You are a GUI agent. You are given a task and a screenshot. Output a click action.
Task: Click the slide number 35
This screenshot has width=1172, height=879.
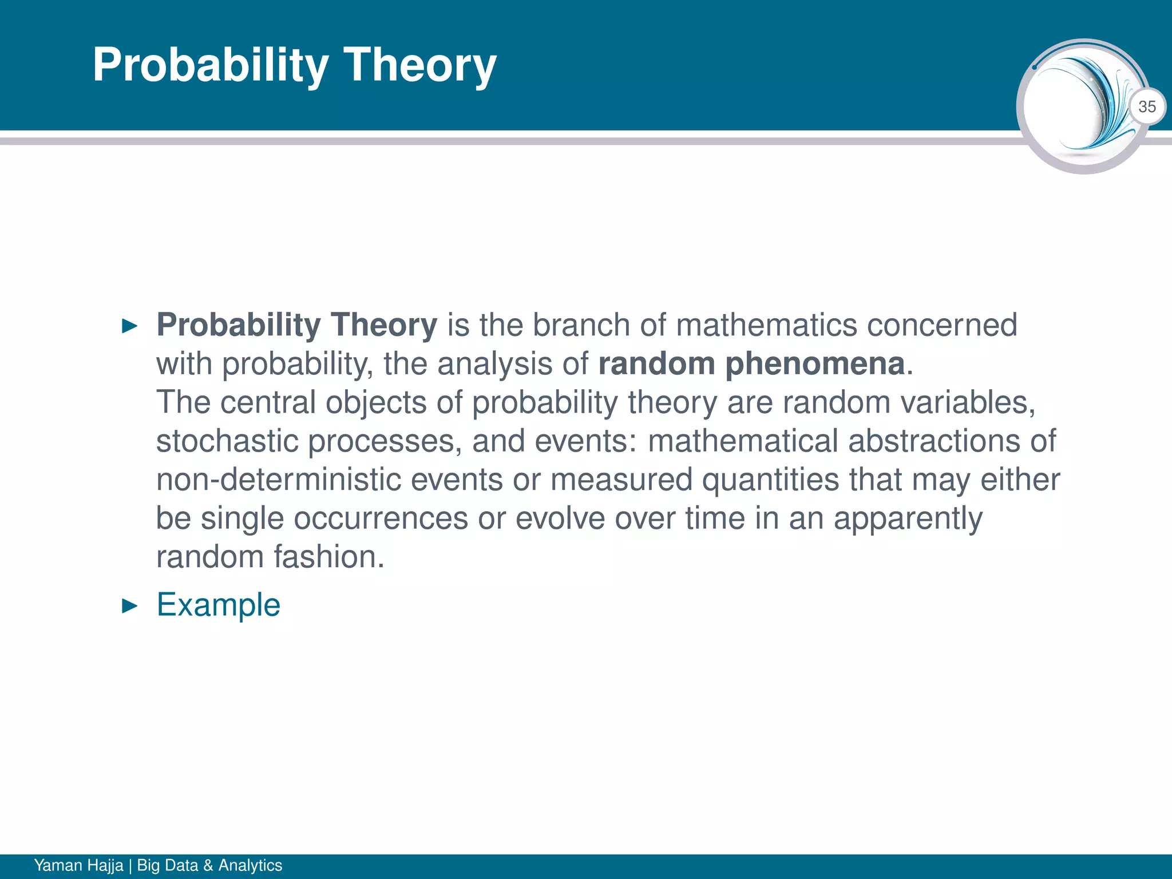[x=1147, y=107]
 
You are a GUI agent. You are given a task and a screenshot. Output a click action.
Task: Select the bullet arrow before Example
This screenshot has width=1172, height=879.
[x=130, y=606]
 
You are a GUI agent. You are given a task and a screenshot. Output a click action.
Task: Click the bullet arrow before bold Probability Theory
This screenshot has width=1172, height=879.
[x=130, y=327]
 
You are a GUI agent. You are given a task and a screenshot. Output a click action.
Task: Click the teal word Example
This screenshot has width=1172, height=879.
[x=219, y=605]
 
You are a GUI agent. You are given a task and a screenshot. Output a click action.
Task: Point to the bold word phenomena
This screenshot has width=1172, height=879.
[x=815, y=364]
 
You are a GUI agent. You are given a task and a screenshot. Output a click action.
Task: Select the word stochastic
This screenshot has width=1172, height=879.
[x=227, y=441]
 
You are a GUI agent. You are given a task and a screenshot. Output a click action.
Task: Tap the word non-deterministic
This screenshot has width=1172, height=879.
[x=279, y=480]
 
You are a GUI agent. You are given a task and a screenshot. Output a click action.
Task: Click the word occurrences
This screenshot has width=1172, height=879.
[x=381, y=518]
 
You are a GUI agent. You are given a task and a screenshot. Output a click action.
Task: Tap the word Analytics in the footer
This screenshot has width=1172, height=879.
[x=250, y=865]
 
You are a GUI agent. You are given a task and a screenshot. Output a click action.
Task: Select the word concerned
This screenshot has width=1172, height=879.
[x=942, y=325]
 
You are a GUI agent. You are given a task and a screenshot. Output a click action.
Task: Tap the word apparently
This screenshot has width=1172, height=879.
[x=908, y=518]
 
